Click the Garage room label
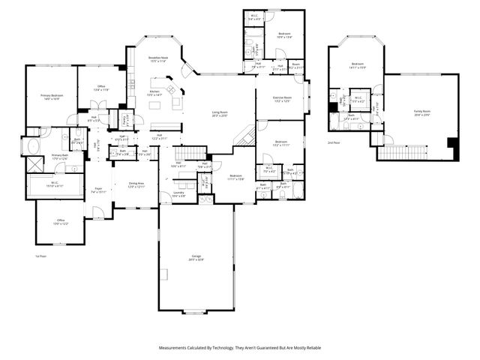pos(195,258)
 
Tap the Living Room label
pos(219,113)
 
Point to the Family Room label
pos(422,112)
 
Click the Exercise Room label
pos(282,99)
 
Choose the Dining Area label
pos(135,184)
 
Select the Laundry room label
pos(179,194)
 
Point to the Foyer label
pos(97,190)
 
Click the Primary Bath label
pos(60,157)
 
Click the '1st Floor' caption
pos(41,256)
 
